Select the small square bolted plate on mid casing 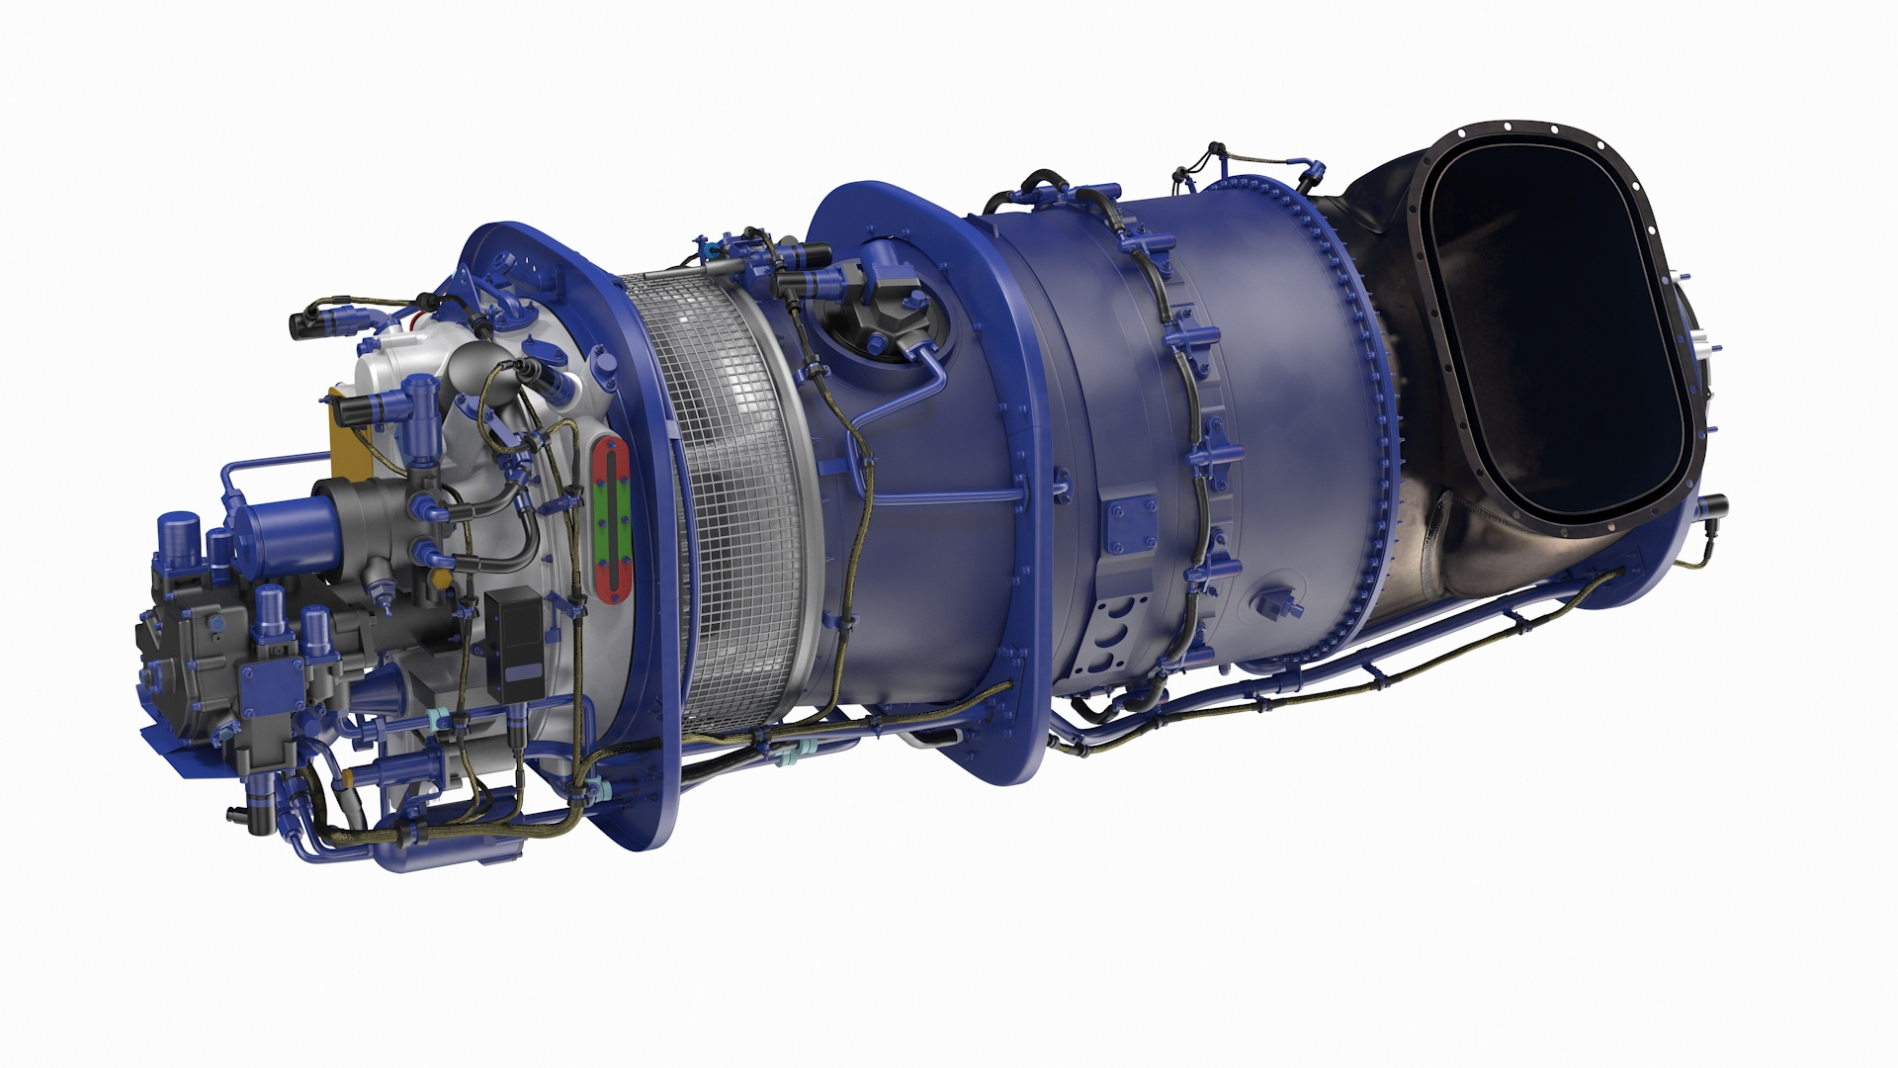click(1129, 524)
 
